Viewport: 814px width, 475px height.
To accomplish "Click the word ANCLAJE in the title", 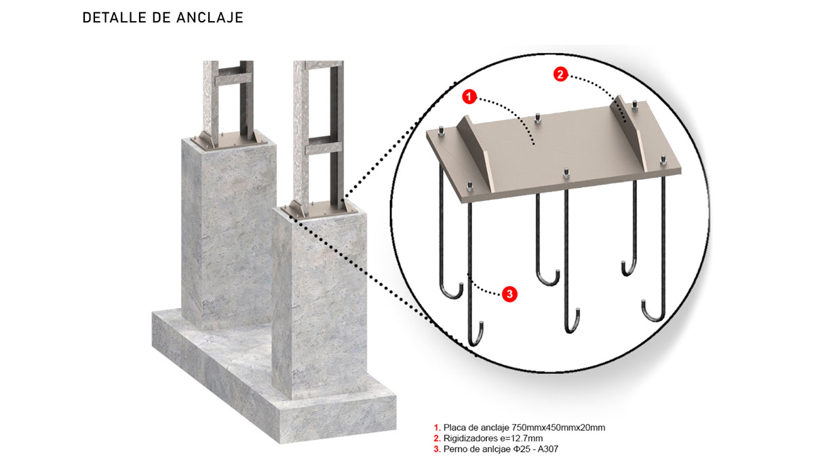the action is click(210, 18).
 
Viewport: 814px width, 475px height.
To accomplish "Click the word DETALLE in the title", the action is click(114, 18).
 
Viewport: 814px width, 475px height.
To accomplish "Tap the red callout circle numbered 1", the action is click(469, 96).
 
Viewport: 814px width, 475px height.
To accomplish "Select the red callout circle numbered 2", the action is click(560, 75).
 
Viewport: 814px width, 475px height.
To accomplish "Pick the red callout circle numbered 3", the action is click(509, 294).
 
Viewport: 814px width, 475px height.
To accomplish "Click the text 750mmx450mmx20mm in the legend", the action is click(558, 427).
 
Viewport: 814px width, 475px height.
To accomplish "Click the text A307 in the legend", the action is click(547, 449).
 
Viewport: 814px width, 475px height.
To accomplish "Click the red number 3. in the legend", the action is click(437, 449).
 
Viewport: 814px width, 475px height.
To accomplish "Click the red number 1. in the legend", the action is click(437, 427).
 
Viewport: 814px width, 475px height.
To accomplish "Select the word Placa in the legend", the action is click(455, 427).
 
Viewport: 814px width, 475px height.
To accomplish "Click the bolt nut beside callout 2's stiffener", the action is click(634, 105).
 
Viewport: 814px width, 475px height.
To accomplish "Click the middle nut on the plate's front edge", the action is click(566, 174).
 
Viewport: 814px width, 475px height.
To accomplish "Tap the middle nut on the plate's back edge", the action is click(537, 119).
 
